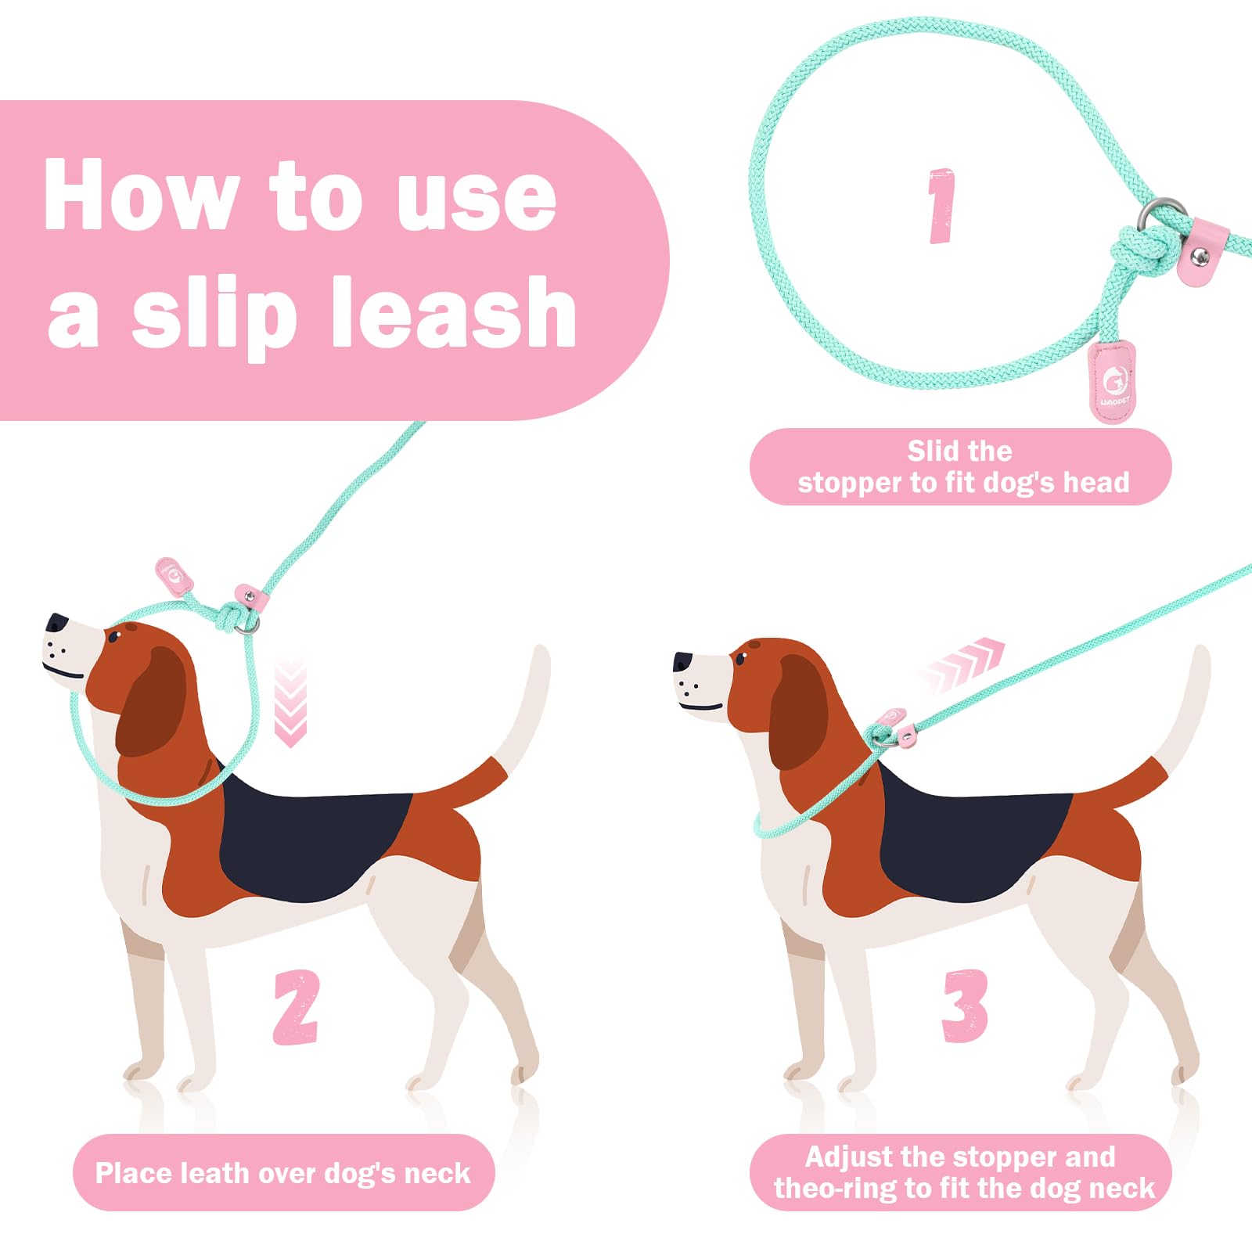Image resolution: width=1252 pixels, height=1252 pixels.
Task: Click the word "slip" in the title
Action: [x=214, y=317]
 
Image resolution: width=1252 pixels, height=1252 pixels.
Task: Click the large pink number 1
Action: [x=941, y=205]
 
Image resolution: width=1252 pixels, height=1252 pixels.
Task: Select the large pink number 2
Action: [x=296, y=1006]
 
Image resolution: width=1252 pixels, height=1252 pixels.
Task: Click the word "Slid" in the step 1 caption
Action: [x=932, y=451]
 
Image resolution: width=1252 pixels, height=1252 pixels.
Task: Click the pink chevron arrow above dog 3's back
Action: [x=962, y=664]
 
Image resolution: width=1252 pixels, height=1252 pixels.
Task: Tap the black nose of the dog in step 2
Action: [x=56, y=623]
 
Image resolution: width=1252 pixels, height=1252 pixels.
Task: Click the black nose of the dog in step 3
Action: [x=683, y=662]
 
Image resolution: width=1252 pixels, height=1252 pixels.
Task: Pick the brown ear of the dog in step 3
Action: [x=797, y=712]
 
